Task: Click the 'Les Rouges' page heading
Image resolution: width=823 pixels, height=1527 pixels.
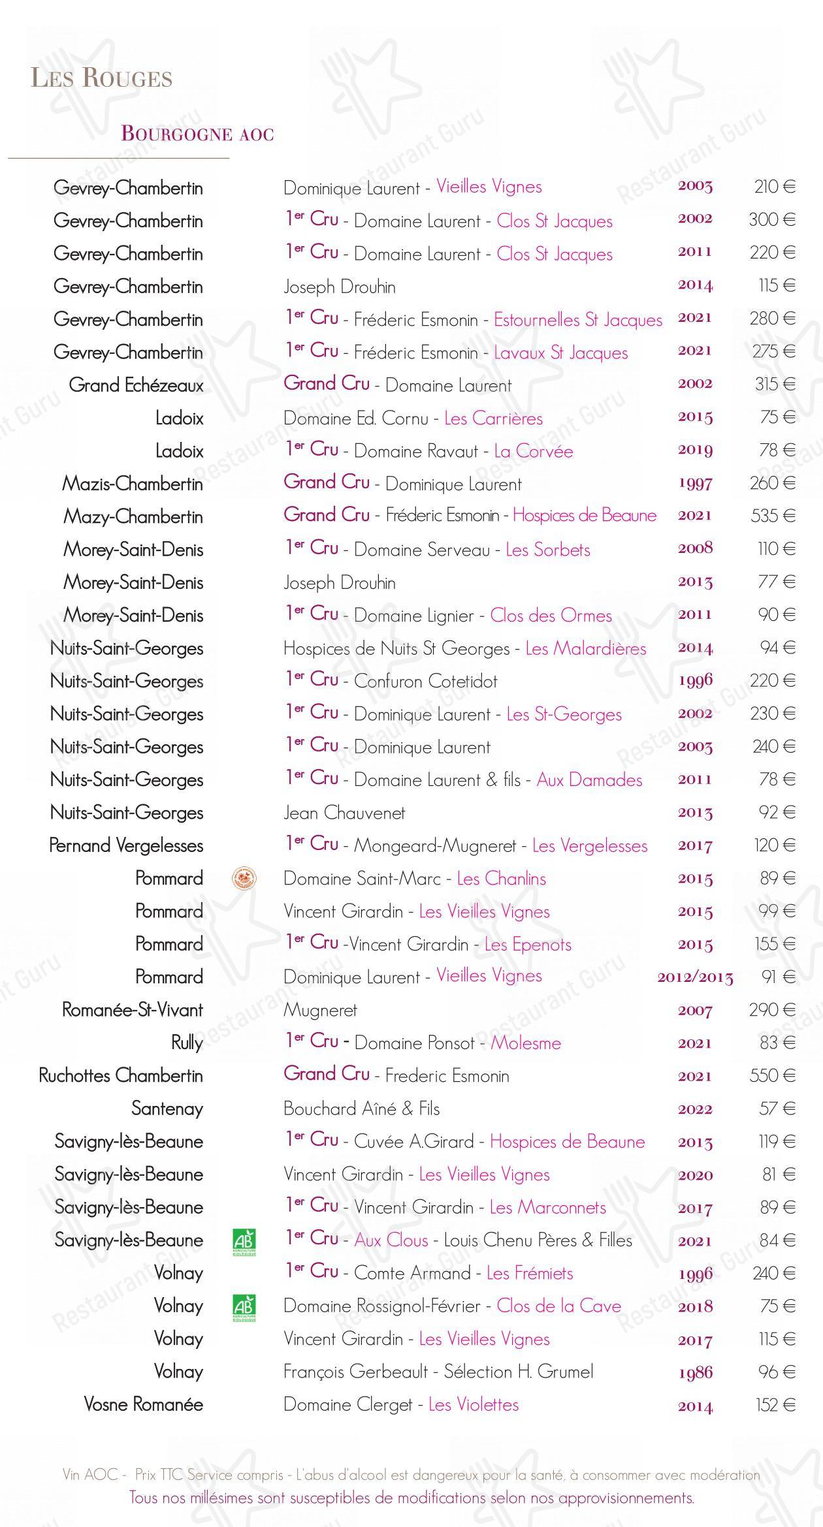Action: click(102, 78)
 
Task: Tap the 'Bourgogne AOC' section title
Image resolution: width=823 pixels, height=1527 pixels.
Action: click(197, 134)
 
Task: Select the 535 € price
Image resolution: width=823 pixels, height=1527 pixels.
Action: click(773, 516)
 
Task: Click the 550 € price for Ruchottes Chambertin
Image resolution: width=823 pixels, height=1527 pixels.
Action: click(772, 1075)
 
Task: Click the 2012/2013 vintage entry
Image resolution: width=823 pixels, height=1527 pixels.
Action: click(695, 977)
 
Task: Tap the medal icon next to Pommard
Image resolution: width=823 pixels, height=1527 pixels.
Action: click(244, 879)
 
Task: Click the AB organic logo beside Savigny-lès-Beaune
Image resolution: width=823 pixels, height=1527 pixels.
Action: click(244, 1241)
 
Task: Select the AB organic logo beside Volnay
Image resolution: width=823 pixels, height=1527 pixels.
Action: click(244, 1307)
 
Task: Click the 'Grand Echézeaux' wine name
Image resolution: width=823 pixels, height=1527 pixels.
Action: click(136, 385)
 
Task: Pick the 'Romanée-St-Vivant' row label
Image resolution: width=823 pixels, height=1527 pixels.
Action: click(132, 1010)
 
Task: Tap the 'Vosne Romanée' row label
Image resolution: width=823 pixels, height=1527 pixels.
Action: click(143, 1404)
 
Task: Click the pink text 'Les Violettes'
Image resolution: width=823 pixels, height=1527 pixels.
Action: click(474, 1404)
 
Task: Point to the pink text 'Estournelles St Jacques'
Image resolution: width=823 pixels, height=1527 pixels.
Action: click(577, 320)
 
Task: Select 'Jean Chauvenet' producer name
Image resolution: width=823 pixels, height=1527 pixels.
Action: click(344, 813)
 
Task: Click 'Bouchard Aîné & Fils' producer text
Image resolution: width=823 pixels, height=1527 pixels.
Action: click(361, 1109)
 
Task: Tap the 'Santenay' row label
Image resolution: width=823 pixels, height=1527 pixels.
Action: click(167, 1109)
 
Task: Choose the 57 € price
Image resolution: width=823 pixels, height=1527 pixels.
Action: click(777, 1109)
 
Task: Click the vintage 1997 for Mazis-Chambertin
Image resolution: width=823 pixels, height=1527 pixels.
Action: click(695, 484)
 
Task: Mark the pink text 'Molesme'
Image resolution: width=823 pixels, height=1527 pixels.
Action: click(526, 1043)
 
